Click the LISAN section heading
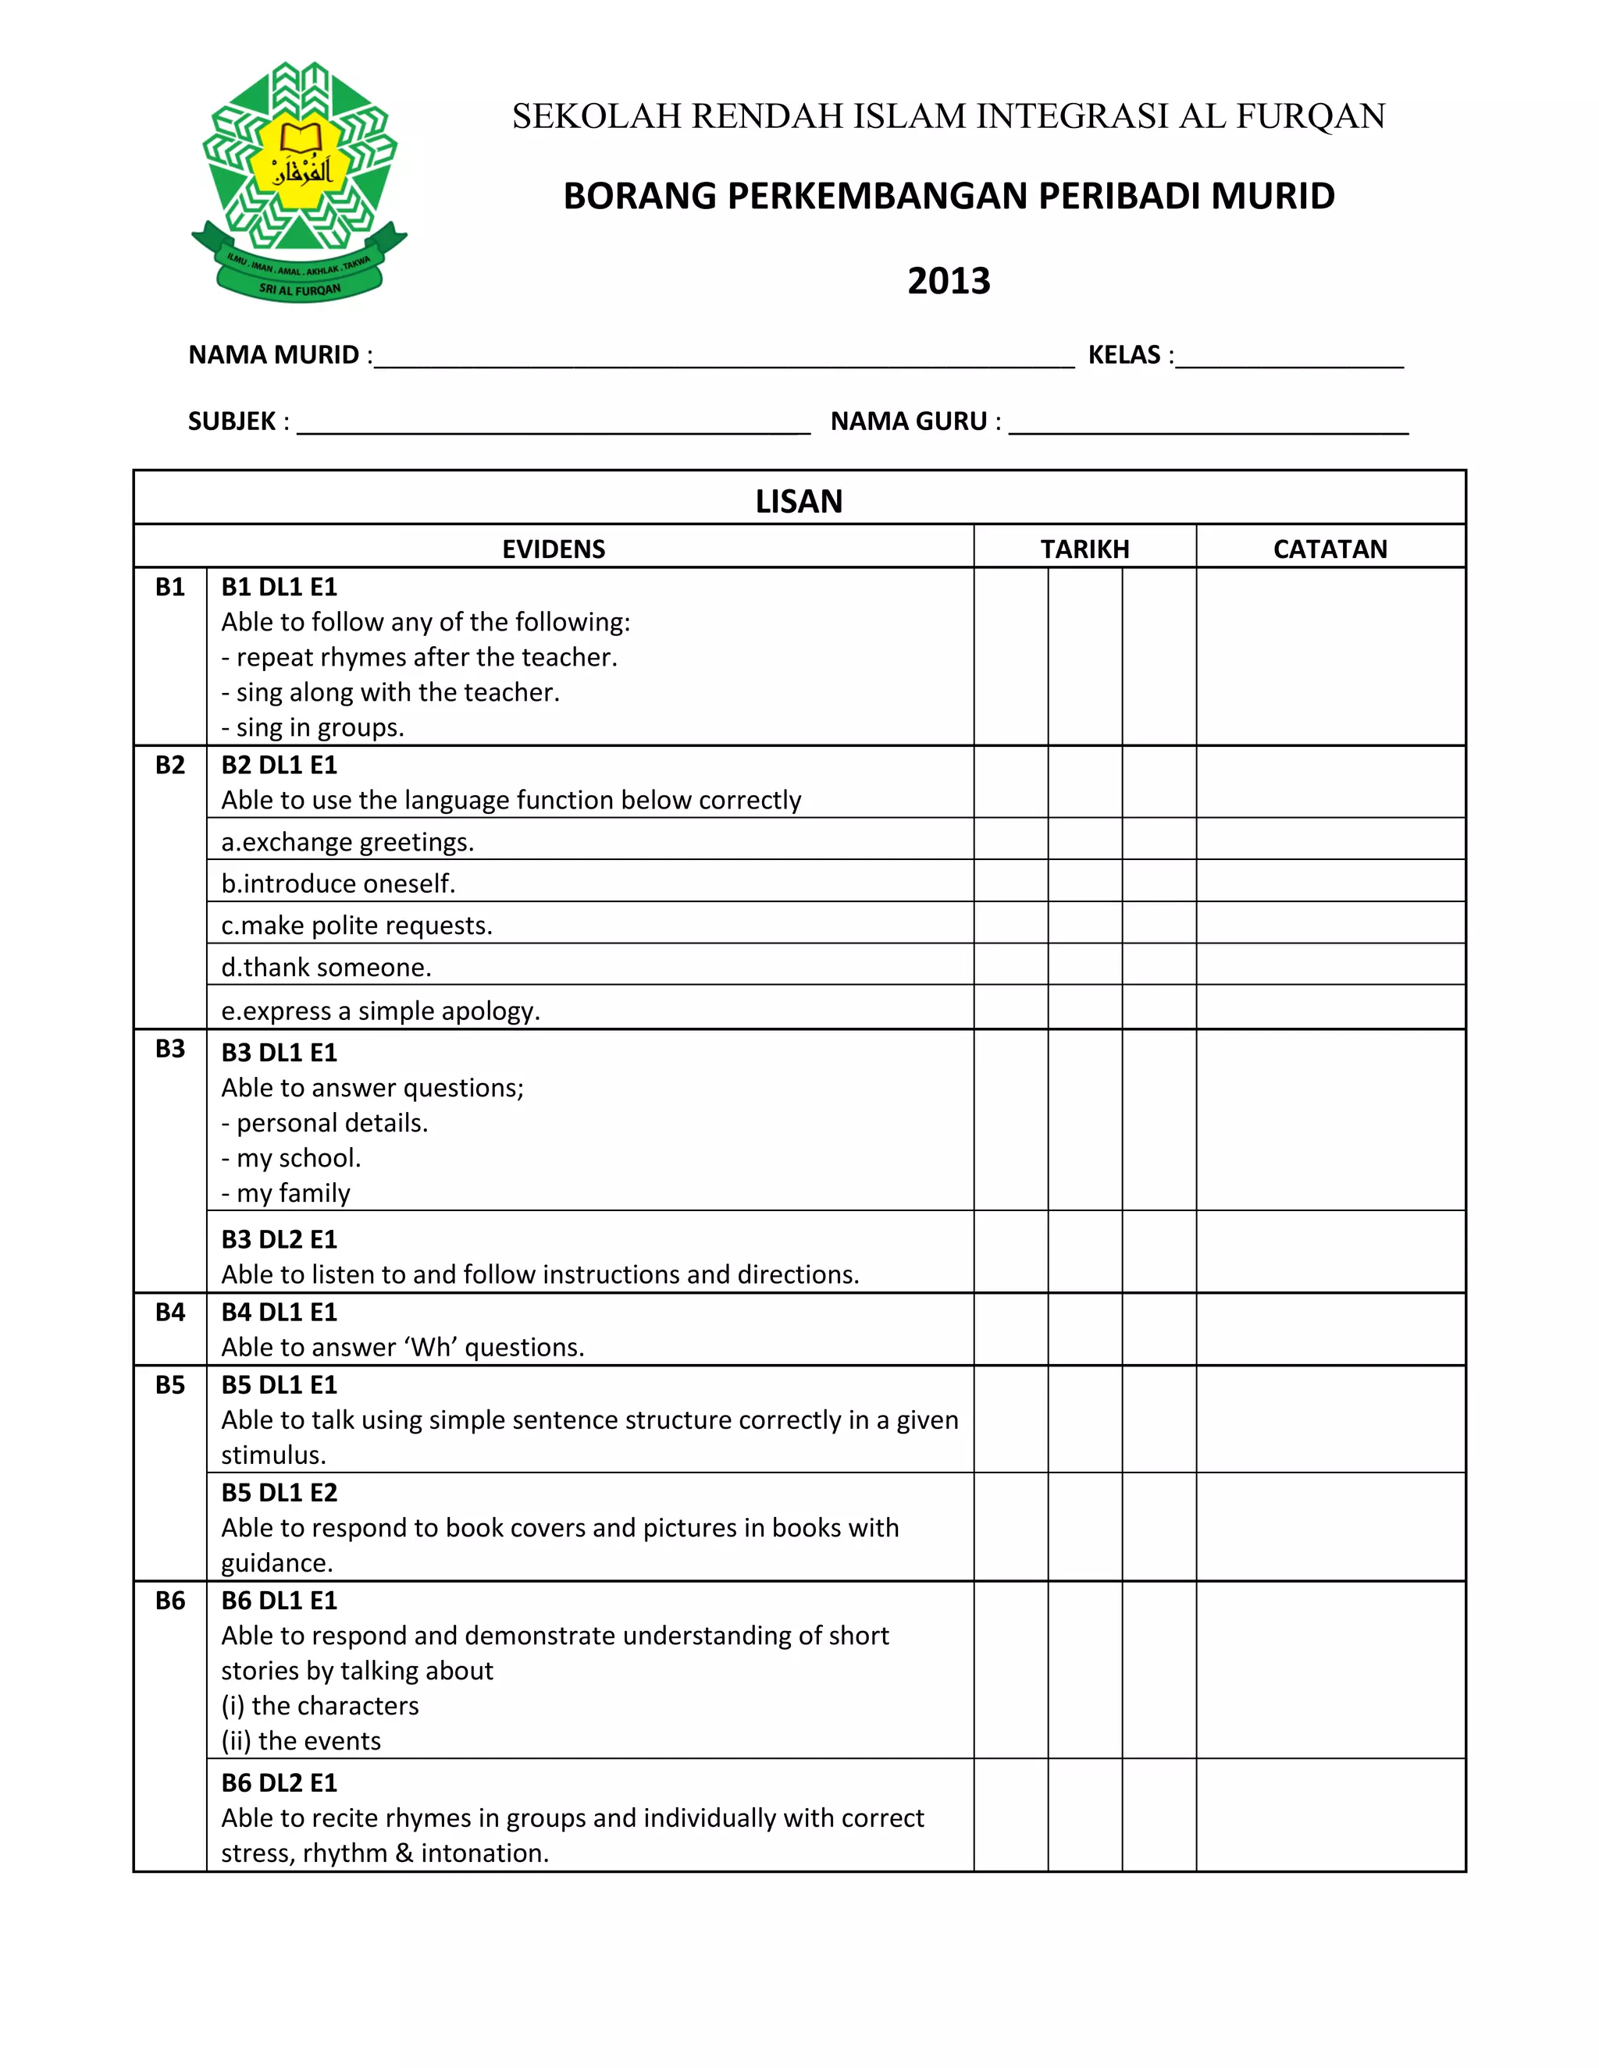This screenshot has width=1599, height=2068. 799,501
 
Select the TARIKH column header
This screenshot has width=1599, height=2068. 1084,549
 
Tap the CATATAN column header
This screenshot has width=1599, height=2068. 1330,549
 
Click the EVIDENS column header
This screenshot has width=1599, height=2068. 554,549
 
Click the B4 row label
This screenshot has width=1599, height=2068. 170,1313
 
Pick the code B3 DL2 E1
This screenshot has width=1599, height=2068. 280,1239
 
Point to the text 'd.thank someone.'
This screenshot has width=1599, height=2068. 326,968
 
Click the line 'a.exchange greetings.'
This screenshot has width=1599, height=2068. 347,843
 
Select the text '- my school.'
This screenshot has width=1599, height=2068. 290,1158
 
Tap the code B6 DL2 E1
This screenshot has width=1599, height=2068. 280,1783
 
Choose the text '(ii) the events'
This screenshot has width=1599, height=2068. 301,1740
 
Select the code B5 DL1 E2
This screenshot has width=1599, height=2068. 280,1493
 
